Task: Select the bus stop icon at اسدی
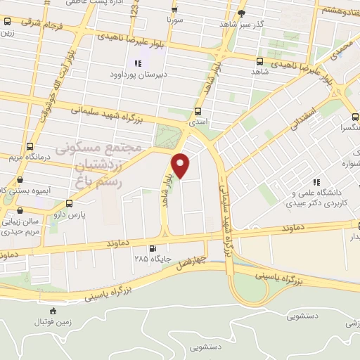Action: (x=196, y=111)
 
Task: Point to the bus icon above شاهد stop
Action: (x=260, y=61)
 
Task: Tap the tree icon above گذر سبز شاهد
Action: (x=242, y=13)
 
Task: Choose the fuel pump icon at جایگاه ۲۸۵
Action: (x=153, y=247)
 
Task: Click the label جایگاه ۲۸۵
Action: (x=148, y=259)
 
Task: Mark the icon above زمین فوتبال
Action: (x=52, y=310)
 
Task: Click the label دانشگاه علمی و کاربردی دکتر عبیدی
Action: (x=316, y=197)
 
